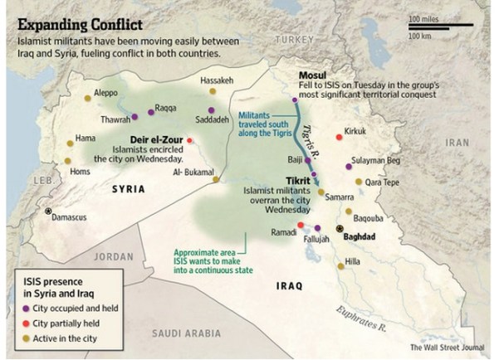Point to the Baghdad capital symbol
tap(339, 227)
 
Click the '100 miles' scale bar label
tap(425, 17)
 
